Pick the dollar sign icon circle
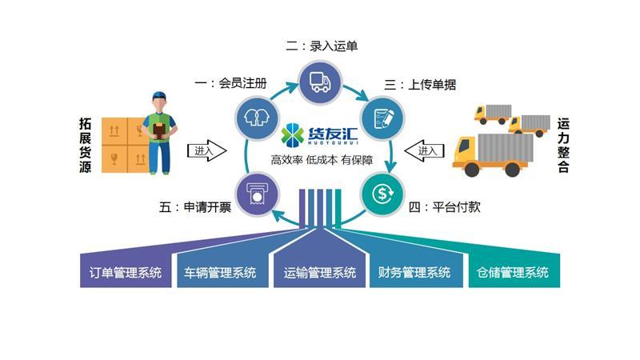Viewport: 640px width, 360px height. [382, 192]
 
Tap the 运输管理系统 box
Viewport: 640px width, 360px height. [320, 272]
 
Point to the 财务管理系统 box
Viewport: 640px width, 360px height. [414, 272]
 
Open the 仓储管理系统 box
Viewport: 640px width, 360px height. [512, 272]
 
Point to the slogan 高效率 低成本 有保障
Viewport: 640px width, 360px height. [322, 160]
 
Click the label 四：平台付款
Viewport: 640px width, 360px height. [444, 207]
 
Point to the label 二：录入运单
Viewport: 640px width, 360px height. [322, 46]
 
